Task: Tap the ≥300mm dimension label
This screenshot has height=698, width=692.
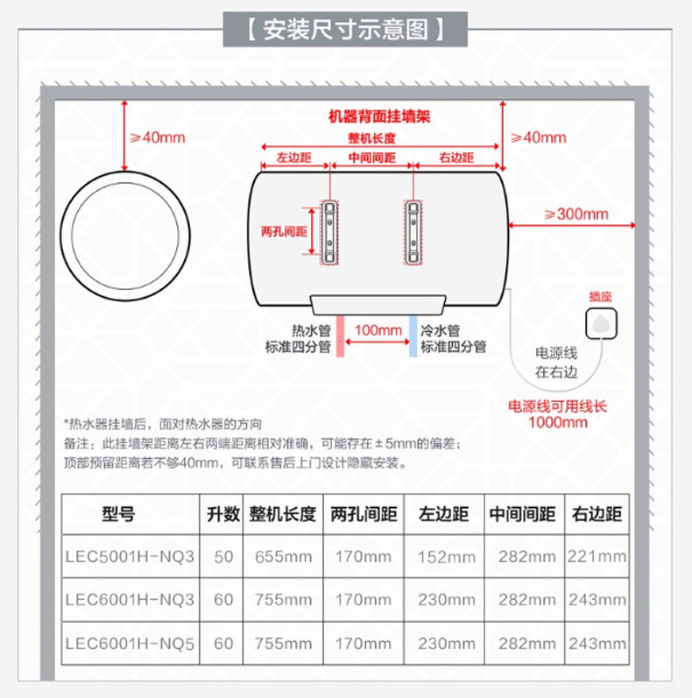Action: coord(575,214)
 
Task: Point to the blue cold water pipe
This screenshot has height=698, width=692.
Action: coord(413,335)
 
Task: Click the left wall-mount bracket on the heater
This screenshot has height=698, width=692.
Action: coord(328,231)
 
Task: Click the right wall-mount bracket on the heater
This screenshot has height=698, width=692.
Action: coord(413,231)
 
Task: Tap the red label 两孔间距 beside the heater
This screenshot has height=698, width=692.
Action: coord(283,231)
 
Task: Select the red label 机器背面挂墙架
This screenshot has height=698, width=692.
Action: coord(378,116)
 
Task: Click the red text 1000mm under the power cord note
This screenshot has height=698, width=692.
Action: coord(558,422)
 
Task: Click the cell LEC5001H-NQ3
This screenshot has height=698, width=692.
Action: coord(130,556)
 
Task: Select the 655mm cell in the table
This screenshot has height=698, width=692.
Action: coord(283,556)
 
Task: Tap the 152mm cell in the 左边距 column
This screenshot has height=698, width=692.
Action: coord(446,556)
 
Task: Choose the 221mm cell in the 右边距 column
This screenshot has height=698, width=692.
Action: coord(597,556)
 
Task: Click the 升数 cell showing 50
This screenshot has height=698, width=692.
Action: coord(223,556)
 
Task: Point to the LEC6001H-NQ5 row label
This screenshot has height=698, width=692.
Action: coord(130,644)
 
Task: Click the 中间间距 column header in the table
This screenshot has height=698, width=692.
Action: coord(522,514)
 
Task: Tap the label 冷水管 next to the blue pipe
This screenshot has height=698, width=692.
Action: coord(440,330)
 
